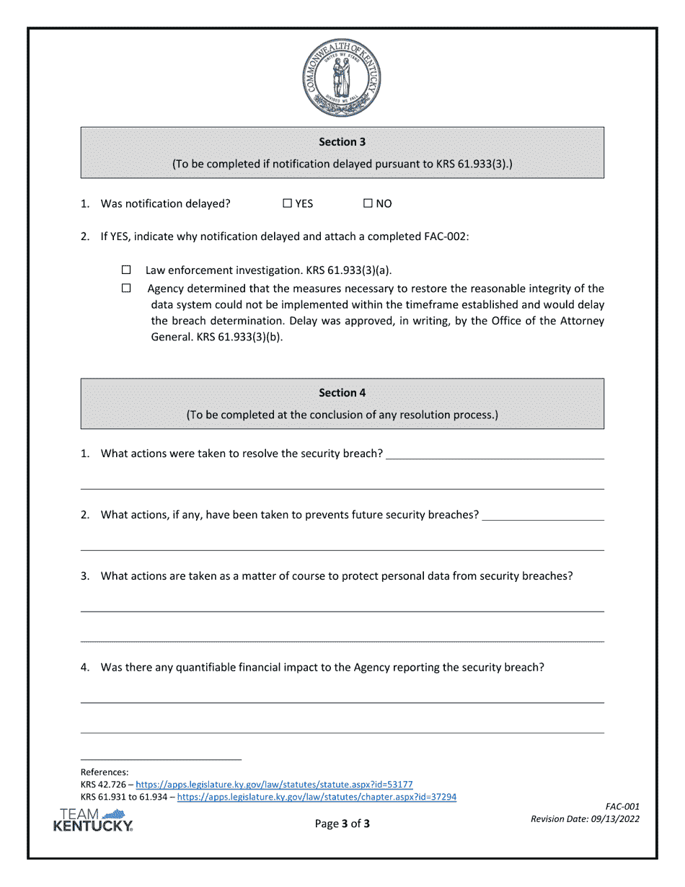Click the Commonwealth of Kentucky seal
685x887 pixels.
point(342,79)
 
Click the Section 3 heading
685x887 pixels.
point(342,142)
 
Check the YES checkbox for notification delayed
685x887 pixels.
point(287,203)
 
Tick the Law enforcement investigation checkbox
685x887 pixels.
point(126,270)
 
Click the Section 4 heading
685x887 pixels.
point(342,393)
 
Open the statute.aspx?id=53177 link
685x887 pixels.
point(274,784)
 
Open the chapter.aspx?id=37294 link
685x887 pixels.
point(317,797)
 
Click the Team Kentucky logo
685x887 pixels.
point(93,820)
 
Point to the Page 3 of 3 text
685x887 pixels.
point(342,824)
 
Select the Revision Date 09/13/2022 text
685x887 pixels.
point(585,819)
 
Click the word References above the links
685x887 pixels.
point(105,772)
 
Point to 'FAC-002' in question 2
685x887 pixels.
point(444,236)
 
